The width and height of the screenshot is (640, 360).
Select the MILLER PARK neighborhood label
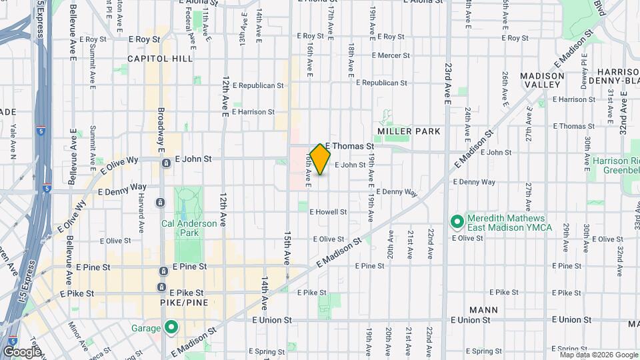coord(409,131)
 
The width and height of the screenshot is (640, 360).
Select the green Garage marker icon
coord(171,327)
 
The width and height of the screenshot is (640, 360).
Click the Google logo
coord(22,351)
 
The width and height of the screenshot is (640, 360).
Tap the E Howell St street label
coord(328,212)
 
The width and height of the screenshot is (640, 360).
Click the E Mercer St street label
coord(379,56)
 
